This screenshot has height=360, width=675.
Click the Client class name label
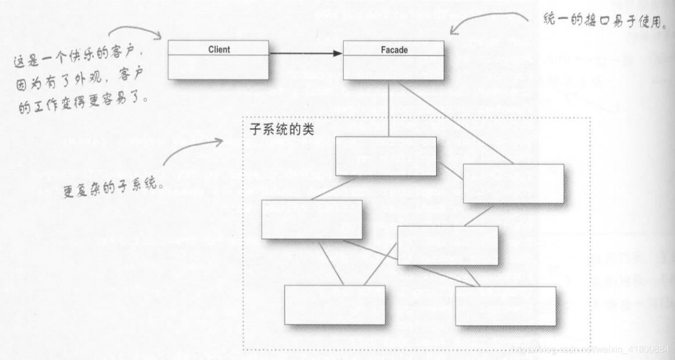click(219, 50)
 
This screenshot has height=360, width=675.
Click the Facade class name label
click(394, 50)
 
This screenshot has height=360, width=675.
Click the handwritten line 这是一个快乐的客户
click(78, 58)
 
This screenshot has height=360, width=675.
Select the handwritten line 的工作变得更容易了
click(85, 102)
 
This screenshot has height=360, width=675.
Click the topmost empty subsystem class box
click(386, 156)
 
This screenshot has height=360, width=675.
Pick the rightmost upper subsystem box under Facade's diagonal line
click(513, 183)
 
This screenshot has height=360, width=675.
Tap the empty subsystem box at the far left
click(311, 219)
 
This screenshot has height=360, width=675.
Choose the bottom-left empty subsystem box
click(335, 305)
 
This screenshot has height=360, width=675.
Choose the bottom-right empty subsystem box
click(505, 306)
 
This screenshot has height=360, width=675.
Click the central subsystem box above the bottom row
click(448, 245)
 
